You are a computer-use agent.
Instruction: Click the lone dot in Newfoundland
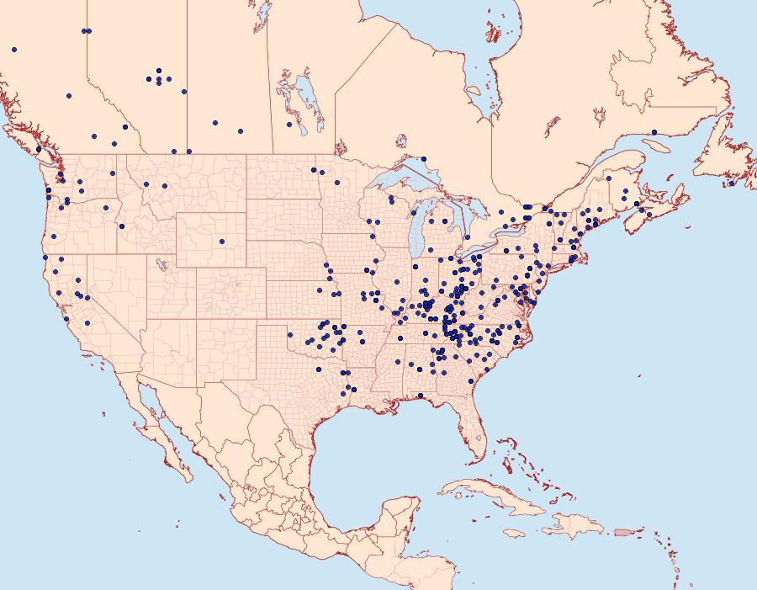(x=732, y=183)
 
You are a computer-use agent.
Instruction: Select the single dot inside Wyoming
(x=222, y=242)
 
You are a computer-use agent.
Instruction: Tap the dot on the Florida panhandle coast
(x=421, y=396)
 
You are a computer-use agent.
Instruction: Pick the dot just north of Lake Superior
(x=424, y=158)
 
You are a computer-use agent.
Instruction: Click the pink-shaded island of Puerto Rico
(x=622, y=531)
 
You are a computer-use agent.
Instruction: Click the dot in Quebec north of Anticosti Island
(x=654, y=132)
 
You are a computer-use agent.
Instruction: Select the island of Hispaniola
(x=576, y=526)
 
